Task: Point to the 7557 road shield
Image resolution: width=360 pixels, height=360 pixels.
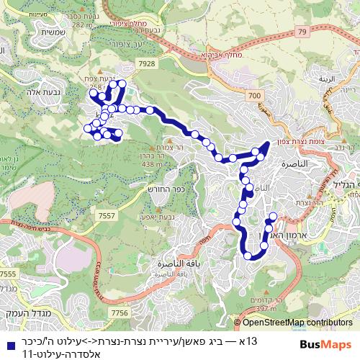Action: click(x=107, y=215)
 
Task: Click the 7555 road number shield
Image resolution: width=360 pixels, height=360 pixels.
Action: click(x=9, y=274)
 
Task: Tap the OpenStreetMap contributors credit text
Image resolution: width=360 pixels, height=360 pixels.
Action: click(x=297, y=323)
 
